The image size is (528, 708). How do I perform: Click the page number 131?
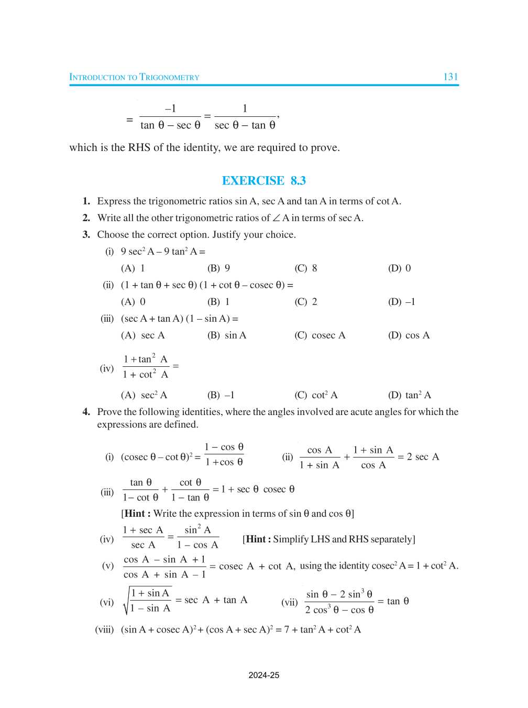[450, 77]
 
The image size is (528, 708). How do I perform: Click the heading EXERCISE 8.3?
[264, 181]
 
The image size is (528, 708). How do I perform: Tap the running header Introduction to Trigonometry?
[134, 78]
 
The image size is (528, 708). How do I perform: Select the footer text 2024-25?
[264, 675]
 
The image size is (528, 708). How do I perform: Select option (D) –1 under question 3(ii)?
[401, 302]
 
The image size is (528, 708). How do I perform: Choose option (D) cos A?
[409, 335]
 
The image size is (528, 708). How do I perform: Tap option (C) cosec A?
[320, 335]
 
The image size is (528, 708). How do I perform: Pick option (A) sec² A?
[144, 395]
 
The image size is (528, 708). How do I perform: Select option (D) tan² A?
[410, 395]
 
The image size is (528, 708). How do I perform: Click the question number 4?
[86, 412]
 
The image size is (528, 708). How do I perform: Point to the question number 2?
[86, 218]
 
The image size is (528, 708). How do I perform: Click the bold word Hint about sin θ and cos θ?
[135, 514]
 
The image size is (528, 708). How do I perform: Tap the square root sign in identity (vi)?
[126, 601]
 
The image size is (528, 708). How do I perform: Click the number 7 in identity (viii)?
[287, 629]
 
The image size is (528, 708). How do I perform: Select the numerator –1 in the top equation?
[170, 109]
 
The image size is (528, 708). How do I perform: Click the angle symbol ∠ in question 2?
[276, 218]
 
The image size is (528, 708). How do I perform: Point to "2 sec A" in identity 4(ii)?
[423, 457]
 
